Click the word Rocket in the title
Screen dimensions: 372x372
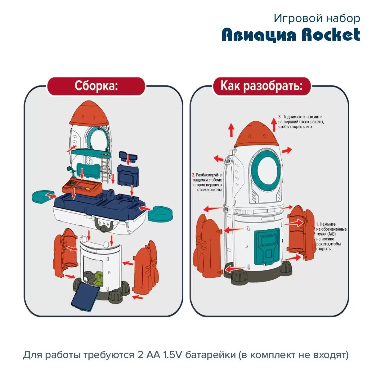331,35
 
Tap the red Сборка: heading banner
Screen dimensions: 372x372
96,86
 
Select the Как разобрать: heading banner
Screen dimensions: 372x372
261,86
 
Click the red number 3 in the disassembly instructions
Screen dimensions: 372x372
280,117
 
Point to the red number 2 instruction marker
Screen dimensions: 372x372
193,175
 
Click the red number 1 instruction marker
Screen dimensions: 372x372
317,224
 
